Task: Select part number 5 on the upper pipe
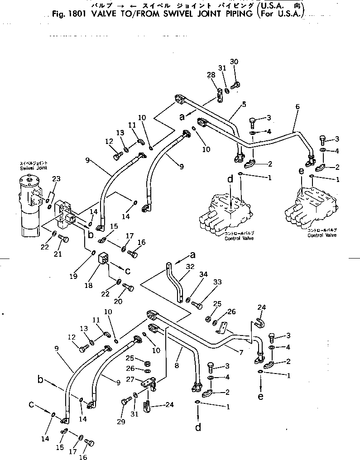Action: [x=244, y=105]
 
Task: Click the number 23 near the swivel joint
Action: [x=56, y=178]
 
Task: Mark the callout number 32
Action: [x=190, y=266]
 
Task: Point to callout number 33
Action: [x=217, y=282]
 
